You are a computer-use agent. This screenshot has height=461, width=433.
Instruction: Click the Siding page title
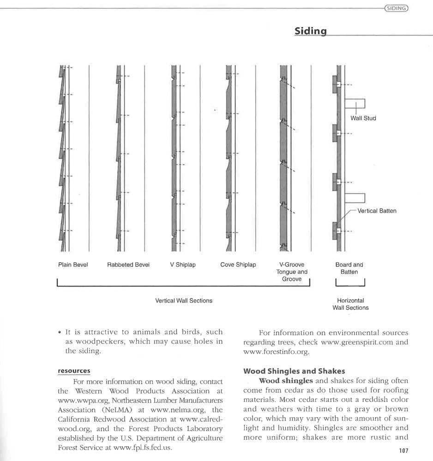click(x=311, y=31)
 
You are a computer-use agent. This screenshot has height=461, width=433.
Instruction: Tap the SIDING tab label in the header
click(x=397, y=8)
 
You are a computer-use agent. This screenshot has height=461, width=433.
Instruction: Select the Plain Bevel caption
click(x=73, y=265)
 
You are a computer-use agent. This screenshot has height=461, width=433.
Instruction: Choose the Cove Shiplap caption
click(x=238, y=265)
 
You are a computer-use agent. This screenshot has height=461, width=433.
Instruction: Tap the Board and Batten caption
click(x=349, y=268)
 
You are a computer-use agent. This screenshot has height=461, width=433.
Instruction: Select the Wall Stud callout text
click(x=363, y=118)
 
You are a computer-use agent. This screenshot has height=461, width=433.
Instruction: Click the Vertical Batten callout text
click(x=377, y=211)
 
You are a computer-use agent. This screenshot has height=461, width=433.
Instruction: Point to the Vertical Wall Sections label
click(x=184, y=301)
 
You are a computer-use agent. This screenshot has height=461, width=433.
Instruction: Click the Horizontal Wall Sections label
click(x=350, y=304)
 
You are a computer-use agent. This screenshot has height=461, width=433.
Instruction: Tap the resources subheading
click(x=74, y=371)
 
